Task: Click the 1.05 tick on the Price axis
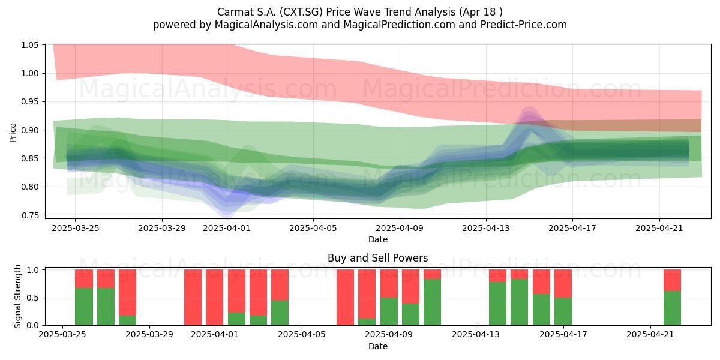coord(29,45)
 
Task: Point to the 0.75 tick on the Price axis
coord(29,215)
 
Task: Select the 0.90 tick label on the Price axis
coord(29,130)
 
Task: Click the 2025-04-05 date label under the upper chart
coord(313,228)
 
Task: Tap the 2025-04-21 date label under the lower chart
coord(650,334)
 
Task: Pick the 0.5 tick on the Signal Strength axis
coord(32,298)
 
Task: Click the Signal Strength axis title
coord(17,296)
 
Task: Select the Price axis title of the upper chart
coord(13,133)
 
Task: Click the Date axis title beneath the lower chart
coord(378,346)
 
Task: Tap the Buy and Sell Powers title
coord(377,258)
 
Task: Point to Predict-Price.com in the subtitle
coord(524,25)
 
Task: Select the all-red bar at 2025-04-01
coord(215,298)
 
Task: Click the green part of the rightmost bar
coord(672,308)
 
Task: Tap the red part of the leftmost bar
coord(84,278)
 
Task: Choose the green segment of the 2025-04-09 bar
coord(389,311)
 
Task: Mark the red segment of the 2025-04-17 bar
coord(563,283)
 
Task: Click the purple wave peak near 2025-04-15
coord(529,111)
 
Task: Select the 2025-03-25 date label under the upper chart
coord(76,228)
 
